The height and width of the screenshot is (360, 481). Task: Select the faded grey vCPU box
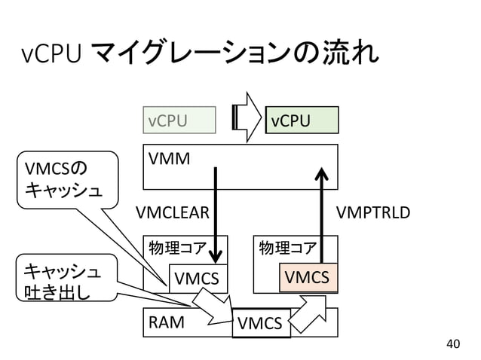coord(179,120)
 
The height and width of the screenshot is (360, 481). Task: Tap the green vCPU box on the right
coord(302,120)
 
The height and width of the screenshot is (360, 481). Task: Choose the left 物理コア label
coord(176,248)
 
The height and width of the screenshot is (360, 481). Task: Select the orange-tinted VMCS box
coord(308,278)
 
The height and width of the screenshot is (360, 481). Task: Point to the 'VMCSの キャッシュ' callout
coord(66,179)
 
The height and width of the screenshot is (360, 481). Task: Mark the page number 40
coord(452,344)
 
